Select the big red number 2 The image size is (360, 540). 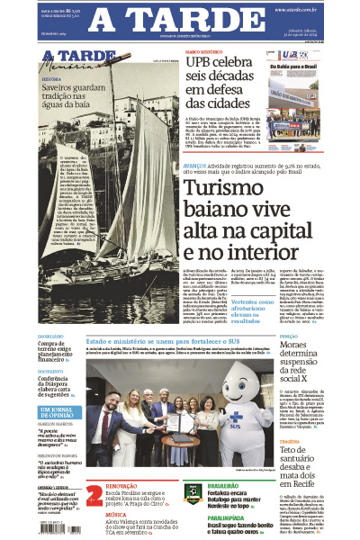tap(94, 496)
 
